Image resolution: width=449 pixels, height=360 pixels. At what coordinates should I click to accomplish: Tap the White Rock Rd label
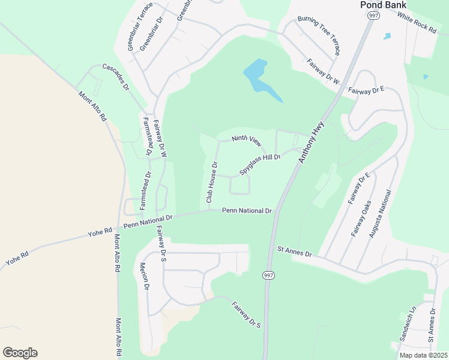[x=416, y=24]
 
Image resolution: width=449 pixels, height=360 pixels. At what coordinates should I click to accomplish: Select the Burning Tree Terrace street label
[x=319, y=37]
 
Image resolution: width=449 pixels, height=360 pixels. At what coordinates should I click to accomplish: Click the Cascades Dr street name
[x=115, y=77]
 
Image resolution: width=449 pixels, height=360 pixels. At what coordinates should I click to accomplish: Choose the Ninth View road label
[x=246, y=142]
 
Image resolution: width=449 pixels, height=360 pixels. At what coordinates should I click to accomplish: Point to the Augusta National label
[x=379, y=214]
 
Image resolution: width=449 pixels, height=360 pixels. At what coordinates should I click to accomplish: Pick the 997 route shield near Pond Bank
[x=374, y=16]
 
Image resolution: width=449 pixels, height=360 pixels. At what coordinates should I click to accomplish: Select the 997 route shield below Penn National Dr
[x=267, y=274]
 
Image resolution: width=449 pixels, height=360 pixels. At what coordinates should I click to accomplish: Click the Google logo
[x=20, y=353]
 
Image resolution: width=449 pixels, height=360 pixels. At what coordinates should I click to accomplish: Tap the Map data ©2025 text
[x=424, y=355]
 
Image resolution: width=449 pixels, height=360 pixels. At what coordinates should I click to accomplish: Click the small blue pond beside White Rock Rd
[x=387, y=36]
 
